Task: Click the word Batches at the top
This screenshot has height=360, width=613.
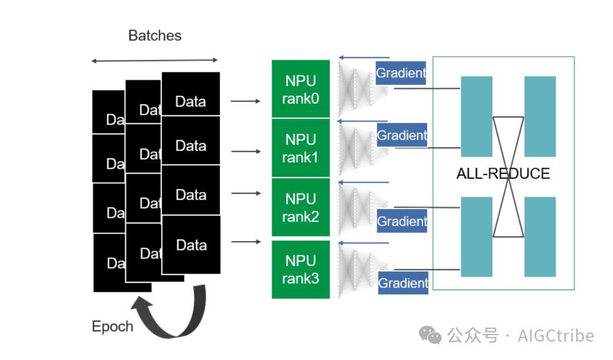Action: (x=154, y=36)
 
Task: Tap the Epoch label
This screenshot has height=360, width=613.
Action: (x=112, y=326)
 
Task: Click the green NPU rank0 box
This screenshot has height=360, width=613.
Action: (x=300, y=89)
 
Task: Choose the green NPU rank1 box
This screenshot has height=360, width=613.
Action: (x=300, y=148)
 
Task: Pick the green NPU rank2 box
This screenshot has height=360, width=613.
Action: (x=300, y=207)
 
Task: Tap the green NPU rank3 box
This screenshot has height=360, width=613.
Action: (x=300, y=269)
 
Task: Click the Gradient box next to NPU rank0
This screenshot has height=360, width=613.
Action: (x=401, y=73)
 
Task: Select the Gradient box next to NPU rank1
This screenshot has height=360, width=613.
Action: (x=402, y=135)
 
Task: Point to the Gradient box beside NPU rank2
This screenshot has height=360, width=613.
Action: (x=402, y=221)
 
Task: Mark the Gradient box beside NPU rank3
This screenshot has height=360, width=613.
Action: (x=403, y=283)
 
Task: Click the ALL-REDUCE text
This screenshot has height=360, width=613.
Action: (x=503, y=173)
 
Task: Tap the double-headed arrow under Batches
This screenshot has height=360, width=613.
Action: (x=154, y=60)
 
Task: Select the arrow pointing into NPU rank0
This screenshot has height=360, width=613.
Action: (x=245, y=101)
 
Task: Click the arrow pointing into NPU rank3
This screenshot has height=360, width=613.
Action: (x=245, y=242)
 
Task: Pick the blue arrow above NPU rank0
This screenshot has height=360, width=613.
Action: (x=363, y=57)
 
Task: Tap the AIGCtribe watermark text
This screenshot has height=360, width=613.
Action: (x=556, y=336)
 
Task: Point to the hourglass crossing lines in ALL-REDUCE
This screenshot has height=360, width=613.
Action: (x=508, y=177)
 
